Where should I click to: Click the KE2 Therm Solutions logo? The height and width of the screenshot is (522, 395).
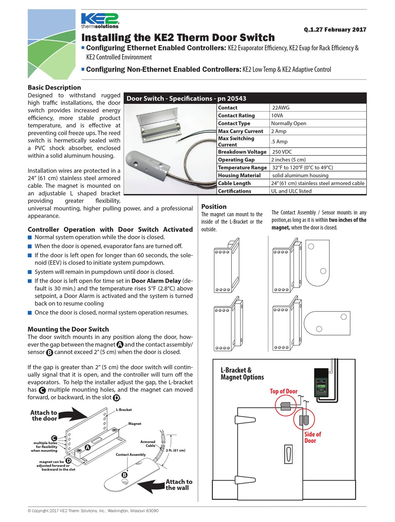coord(100,21)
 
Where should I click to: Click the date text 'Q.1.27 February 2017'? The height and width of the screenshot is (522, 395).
coord(335,30)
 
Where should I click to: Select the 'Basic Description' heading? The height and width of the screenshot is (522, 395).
coord(54,87)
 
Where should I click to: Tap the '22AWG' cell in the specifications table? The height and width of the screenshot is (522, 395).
coord(281,107)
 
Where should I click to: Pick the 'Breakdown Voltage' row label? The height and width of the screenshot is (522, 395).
coord(242,152)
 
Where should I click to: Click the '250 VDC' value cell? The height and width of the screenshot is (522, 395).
coord(282,152)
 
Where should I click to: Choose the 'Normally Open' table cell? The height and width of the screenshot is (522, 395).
coord(289,123)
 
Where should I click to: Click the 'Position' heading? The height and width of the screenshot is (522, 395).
coord(214,206)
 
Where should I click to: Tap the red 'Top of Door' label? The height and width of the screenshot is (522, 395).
coord(284,391)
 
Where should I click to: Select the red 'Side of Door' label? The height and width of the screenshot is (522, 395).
coord(312,437)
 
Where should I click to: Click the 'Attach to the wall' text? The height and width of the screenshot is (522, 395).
coord(179,485)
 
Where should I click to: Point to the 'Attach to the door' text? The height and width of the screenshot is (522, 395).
coord(44,415)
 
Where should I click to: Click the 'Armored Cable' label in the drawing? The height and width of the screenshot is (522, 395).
coord(148,444)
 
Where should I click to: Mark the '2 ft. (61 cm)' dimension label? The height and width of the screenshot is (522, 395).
coord(175,450)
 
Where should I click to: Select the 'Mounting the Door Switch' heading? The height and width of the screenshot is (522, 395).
coord(68,329)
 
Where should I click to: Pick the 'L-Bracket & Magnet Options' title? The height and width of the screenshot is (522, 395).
coord(242,374)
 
